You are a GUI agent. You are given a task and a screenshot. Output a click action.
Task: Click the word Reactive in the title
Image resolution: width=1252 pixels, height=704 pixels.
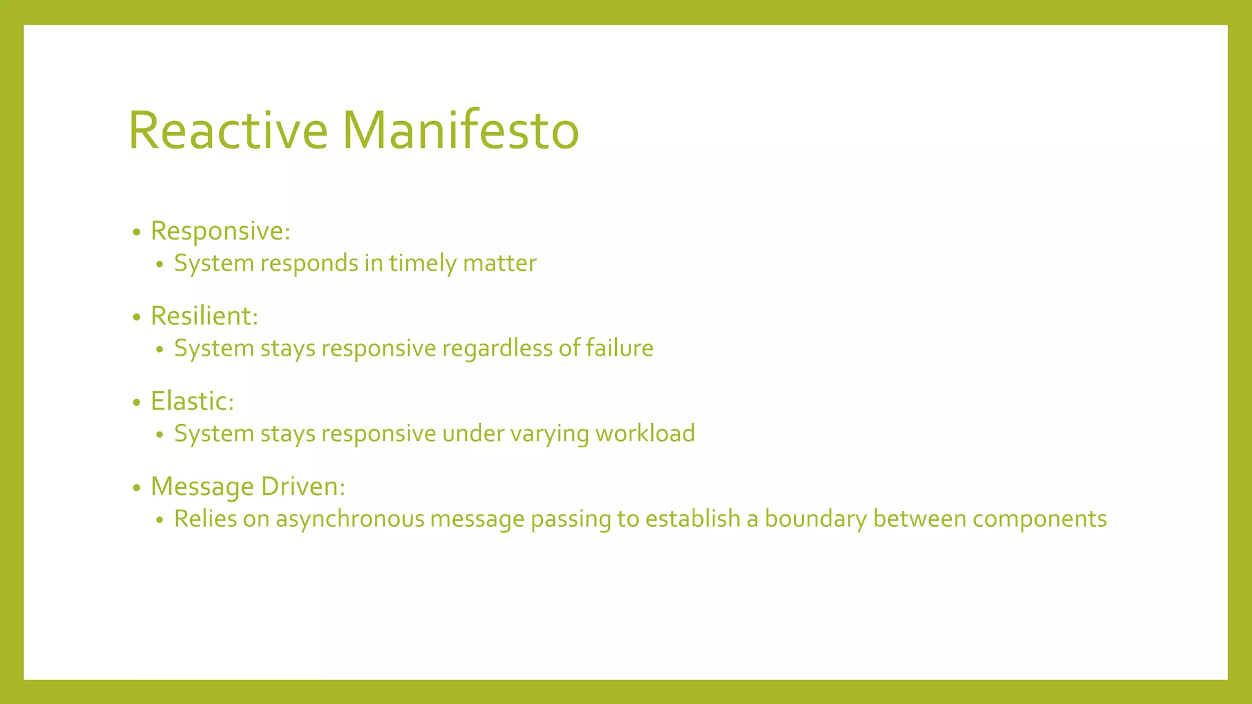point(228,130)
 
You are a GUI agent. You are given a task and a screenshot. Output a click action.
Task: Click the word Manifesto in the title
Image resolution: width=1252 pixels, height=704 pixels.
point(460,130)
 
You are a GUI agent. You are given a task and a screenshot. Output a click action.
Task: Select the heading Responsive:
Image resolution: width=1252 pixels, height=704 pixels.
point(220,231)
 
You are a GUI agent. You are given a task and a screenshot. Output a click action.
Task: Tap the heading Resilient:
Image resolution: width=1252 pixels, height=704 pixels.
point(204,316)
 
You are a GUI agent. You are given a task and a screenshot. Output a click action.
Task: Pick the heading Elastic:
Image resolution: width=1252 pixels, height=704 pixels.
point(192,402)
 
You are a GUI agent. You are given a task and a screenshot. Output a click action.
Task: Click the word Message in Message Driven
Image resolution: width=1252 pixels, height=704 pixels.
point(202,487)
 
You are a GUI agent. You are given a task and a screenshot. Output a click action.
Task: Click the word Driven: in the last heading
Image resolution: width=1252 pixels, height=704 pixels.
point(303,486)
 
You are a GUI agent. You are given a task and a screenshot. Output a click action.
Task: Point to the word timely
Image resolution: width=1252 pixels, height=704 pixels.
point(422,263)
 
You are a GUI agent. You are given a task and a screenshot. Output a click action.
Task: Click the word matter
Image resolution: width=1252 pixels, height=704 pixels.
point(499,263)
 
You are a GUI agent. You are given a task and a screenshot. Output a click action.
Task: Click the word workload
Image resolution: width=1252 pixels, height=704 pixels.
point(645,433)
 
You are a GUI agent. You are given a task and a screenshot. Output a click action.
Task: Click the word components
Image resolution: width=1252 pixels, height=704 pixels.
point(1039,519)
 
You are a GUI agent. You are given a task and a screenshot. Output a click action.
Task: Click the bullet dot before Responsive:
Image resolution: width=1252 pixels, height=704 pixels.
point(136,232)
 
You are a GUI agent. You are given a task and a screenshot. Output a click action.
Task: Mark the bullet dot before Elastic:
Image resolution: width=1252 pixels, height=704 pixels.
point(136,403)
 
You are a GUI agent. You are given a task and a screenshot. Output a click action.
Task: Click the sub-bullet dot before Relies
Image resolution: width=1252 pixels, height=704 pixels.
point(160,521)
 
